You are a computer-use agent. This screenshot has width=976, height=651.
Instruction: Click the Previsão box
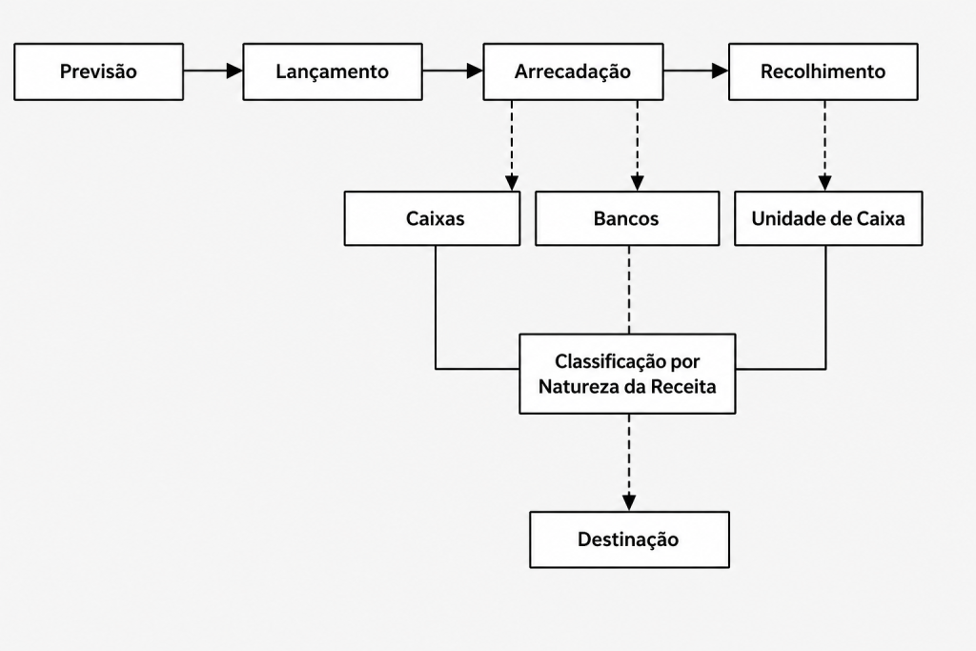click(x=98, y=71)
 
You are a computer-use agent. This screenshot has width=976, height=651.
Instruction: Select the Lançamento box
click(x=333, y=71)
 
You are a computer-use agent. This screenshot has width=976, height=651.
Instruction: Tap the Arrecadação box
click(x=573, y=71)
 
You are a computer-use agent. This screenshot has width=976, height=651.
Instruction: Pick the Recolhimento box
click(x=823, y=71)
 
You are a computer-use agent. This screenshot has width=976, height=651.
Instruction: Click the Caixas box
click(x=432, y=218)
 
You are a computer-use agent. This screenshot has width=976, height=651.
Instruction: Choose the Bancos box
click(x=627, y=218)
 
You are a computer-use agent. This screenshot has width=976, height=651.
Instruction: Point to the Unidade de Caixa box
click(x=828, y=218)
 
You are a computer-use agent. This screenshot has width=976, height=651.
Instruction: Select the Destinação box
click(x=629, y=539)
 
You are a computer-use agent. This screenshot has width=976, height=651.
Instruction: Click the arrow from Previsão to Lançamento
click(x=213, y=71)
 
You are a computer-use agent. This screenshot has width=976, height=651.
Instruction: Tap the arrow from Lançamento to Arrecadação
click(x=453, y=71)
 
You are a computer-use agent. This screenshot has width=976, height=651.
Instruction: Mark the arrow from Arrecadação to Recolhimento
click(x=696, y=71)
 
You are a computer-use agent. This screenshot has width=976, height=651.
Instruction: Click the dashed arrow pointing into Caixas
click(x=512, y=146)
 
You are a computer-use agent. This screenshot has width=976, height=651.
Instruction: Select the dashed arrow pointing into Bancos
click(x=637, y=146)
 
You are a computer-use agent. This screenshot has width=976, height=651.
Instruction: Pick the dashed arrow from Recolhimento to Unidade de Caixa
click(x=824, y=146)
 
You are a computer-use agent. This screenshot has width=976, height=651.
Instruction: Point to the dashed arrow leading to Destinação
click(x=629, y=462)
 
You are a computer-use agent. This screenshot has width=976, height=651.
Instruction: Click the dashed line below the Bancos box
click(x=629, y=290)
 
